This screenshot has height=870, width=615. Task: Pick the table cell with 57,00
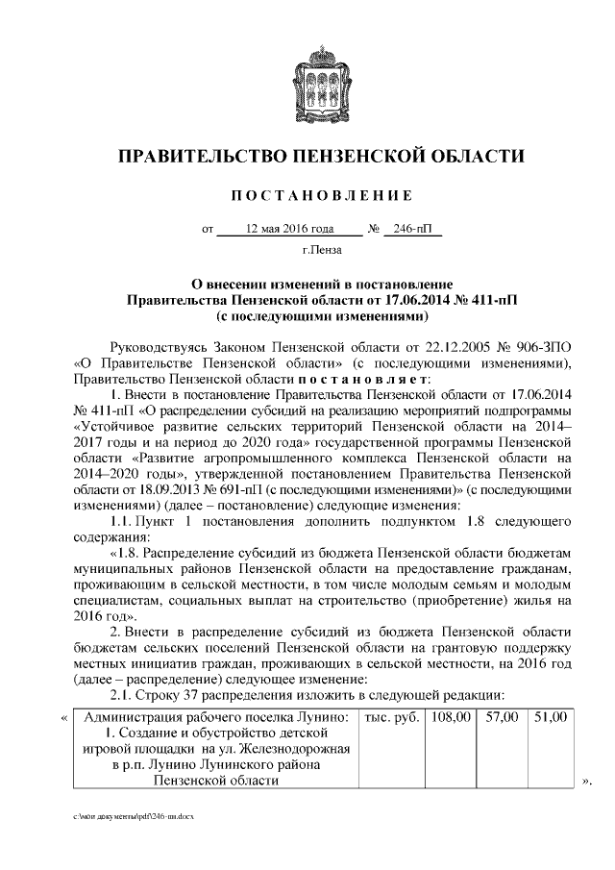(502, 717)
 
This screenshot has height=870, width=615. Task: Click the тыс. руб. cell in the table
(391, 717)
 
